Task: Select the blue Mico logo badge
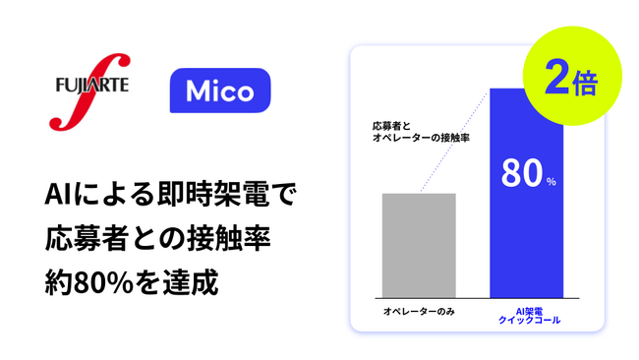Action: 221,93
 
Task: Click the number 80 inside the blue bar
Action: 518,174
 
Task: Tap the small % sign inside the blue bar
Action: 551,181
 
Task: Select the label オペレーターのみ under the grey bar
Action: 418,312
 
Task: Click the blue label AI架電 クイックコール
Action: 527,316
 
